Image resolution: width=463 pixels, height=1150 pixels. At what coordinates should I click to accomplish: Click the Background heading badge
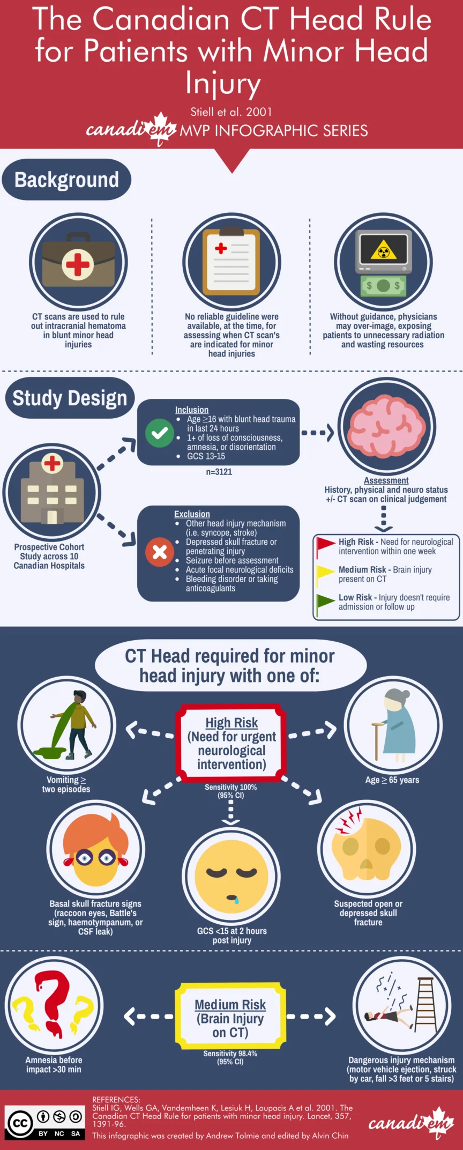coord(66,180)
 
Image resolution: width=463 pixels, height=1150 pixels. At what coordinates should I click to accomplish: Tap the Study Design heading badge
coord(70,398)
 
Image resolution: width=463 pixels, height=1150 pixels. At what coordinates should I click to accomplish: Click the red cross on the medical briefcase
coord(78,264)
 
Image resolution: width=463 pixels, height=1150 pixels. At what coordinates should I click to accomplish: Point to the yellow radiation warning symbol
coord(384,250)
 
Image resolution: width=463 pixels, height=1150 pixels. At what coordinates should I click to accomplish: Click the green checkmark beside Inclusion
coord(159,433)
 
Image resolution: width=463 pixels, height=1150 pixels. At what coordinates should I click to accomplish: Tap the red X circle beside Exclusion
coord(159,552)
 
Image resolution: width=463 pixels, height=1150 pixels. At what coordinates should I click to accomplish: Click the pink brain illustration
coord(387,426)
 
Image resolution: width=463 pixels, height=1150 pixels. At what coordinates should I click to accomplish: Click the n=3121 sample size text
coord(219,472)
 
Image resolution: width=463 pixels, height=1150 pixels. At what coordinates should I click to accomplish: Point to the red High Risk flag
coord(325,546)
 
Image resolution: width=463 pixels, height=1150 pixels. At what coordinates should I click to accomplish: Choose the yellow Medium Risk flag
coord(325,574)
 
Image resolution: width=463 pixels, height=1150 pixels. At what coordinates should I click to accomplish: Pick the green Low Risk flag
coord(325,602)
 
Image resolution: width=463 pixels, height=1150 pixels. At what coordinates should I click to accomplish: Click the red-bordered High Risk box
coord(231,743)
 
